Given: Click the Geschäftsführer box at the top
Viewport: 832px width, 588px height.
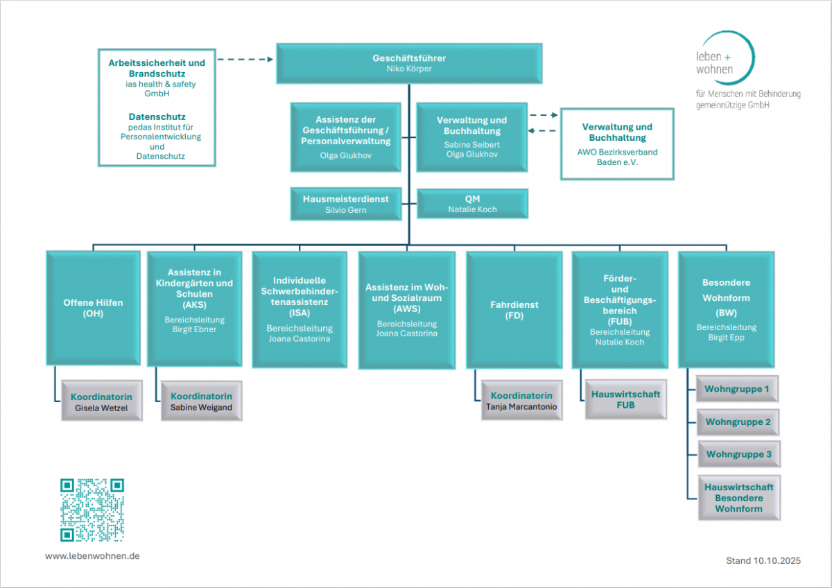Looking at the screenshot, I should (x=409, y=63).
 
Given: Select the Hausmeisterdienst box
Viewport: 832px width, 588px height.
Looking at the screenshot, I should (x=346, y=203).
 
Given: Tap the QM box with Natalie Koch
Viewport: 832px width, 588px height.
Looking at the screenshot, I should (x=472, y=203).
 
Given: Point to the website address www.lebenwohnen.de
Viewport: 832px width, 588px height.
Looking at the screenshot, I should (x=92, y=556).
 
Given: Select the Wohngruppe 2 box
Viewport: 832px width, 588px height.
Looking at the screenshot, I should (x=738, y=422).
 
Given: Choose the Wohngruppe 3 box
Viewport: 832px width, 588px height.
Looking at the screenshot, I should (x=738, y=454).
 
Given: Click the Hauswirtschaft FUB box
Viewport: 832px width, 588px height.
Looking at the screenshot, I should (x=625, y=399).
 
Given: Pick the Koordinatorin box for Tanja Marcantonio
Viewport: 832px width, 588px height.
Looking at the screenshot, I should (x=521, y=400).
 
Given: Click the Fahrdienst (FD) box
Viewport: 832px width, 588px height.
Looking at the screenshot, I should (x=514, y=309).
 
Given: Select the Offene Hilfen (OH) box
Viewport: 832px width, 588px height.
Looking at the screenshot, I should (x=93, y=308).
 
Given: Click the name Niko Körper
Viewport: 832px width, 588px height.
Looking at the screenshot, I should (x=409, y=69).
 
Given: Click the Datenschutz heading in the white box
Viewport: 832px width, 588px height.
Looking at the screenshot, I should (x=157, y=116).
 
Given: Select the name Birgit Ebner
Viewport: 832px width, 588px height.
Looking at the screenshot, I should (x=194, y=329).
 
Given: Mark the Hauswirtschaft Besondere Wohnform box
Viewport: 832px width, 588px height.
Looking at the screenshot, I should (x=738, y=497).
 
